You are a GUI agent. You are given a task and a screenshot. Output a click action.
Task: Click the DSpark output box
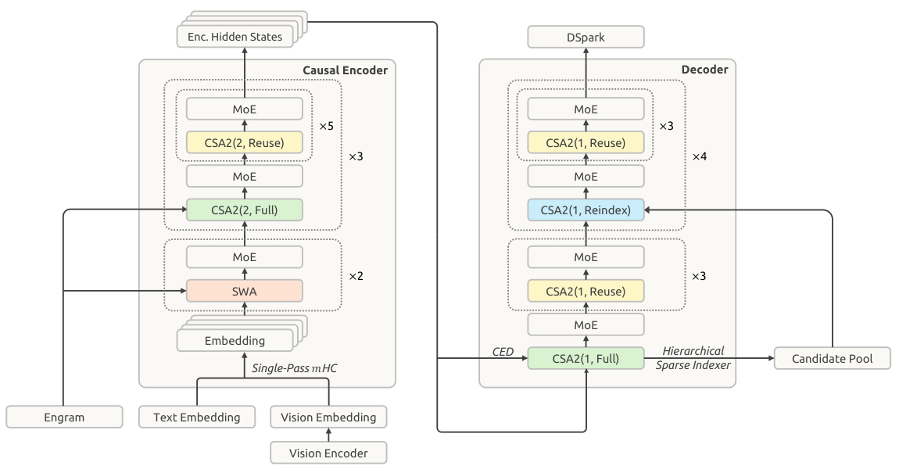[586, 38]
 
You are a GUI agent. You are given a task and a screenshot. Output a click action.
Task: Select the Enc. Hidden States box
[235, 37]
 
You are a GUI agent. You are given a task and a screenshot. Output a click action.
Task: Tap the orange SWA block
[244, 292]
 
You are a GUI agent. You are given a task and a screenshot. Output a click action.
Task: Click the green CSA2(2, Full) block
[244, 210]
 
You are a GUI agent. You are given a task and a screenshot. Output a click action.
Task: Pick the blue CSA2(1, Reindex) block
[586, 210]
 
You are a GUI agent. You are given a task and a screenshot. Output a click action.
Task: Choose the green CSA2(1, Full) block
[586, 358]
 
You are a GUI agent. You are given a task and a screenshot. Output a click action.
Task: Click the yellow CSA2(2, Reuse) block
[244, 143]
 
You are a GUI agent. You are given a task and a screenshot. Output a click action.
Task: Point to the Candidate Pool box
[832, 358]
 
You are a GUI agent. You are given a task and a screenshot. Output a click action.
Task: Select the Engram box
[64, 417]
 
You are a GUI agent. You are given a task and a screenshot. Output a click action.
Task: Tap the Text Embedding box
[197, 417]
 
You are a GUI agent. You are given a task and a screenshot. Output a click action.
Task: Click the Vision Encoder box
[328, 453]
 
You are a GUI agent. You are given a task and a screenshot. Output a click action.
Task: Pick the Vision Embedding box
[328, 417]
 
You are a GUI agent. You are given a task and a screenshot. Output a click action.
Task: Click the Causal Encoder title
[346, 70]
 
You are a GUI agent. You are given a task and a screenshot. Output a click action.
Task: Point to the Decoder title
[704, 70]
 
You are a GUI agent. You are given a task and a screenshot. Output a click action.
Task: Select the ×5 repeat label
[326, 126]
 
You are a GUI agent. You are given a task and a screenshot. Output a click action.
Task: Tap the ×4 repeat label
[700, 156]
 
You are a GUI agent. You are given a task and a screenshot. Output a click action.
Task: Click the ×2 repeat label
[356, 276]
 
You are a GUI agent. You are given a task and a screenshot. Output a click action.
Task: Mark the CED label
[503, 352]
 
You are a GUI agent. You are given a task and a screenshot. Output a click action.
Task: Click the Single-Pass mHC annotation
[295, 368]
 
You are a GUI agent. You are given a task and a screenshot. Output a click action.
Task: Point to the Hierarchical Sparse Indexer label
[693, 358]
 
